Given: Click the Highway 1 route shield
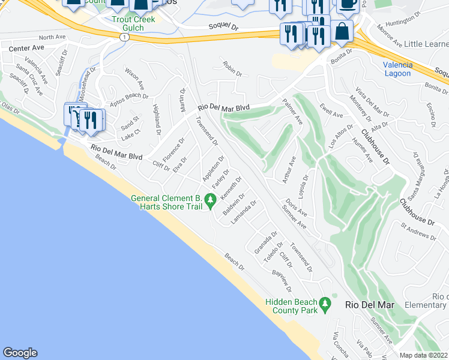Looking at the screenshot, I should click(x=124, y=37).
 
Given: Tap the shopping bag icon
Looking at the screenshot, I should click(x=342, y=32).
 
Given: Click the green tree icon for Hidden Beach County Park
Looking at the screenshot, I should click(x=325, y=304).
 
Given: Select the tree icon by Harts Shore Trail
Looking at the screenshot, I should click(x=210, y=200).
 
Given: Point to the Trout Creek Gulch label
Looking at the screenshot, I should click(x=133, y=23).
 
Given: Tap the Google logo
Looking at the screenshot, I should click(x=20, y=353).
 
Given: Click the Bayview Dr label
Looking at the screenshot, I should click(x=281, y=281).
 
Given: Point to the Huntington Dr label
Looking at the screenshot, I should click(x=400, y=20).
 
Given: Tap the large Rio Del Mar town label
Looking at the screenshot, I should click(x=370, y=305).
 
